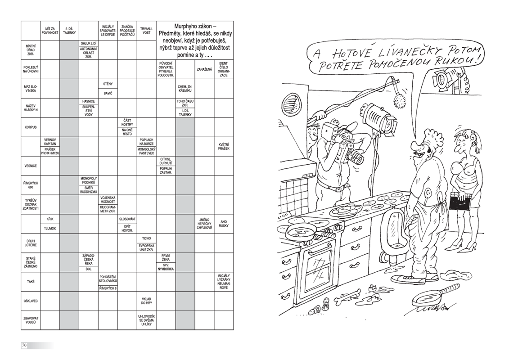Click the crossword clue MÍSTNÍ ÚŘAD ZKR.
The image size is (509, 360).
point(31,50)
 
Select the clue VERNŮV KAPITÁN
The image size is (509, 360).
point(50,142)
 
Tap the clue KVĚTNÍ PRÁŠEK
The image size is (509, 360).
point(224,146)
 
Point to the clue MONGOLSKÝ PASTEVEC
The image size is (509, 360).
point(146,151)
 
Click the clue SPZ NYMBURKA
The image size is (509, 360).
point(166,267)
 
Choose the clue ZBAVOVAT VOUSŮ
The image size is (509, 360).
point(31,320)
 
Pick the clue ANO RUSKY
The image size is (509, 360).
point(224,224)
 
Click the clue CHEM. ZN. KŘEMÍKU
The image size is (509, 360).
point(185,89)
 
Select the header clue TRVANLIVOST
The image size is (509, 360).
point(146,31)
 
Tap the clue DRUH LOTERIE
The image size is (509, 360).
point(31,243)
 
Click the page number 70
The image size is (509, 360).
point(24,346)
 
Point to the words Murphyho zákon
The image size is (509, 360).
point(193,26)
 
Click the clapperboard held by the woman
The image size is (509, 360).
point(460,201)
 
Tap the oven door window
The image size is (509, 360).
point(317,270)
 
